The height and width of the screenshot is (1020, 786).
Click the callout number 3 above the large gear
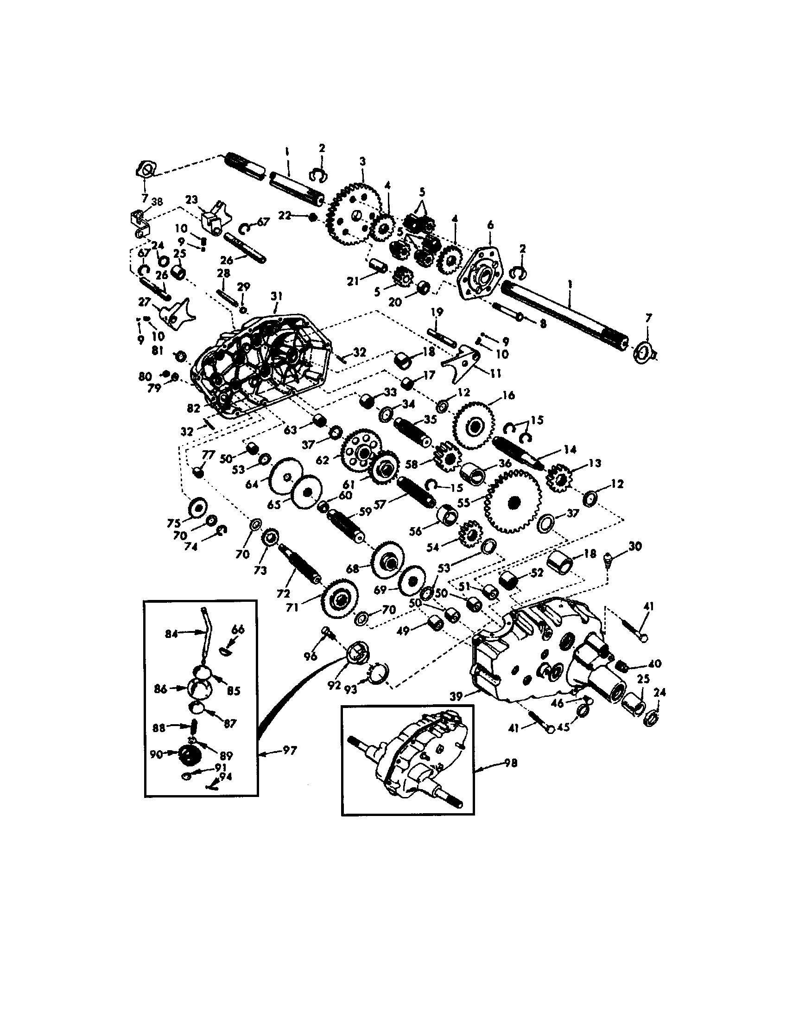[363, 162]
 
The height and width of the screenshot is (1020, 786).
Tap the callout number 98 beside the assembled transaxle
[511, 764]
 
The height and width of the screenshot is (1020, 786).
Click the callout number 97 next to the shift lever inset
[290, 751]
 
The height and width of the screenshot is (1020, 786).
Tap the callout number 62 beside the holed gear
[323, 459]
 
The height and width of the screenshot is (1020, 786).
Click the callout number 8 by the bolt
[542, 323]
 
